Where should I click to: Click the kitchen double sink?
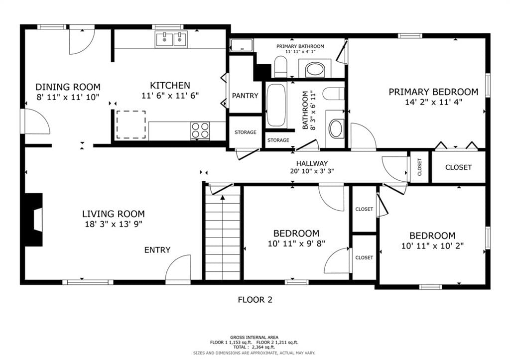pyautogui.click(x=171, y=39)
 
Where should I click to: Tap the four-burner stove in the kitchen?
pyautogui.click(x=200, y=130)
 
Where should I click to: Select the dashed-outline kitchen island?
pyautogui.click(x=131, y=124)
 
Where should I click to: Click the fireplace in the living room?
pyautogui.click(x=34, y=220)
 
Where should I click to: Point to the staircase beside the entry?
pyautogui.click(x=223, y=237)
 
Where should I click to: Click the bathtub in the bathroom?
pyautogui.click(x=276, y=105)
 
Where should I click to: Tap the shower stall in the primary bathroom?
pyautogui.click(x=242, y=45)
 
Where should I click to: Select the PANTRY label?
pyautogui.click(x=245, y=96)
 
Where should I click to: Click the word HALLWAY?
pyautogui.click(x=312, y=164)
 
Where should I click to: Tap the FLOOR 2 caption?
pyautogui.click(x=255, y=300)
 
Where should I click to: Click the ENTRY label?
pyautogui.click(x=157, y=250)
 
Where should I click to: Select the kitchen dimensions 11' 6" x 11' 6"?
pyautogui.click(x=170, y=96)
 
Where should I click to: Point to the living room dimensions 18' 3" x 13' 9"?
pyautogui.click(x=114, y=224)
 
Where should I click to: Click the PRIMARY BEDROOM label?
pyautogui.click(x=434, y=92)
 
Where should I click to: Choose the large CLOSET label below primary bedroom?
pyautogui.click(x=458, y=167)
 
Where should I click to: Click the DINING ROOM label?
pyautogui.click(x=68, y=87)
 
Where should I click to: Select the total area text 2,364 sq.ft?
pyautogui.click(x=263, y=348)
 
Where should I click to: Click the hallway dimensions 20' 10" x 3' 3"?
pyautogui.click(x=312, y=171)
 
